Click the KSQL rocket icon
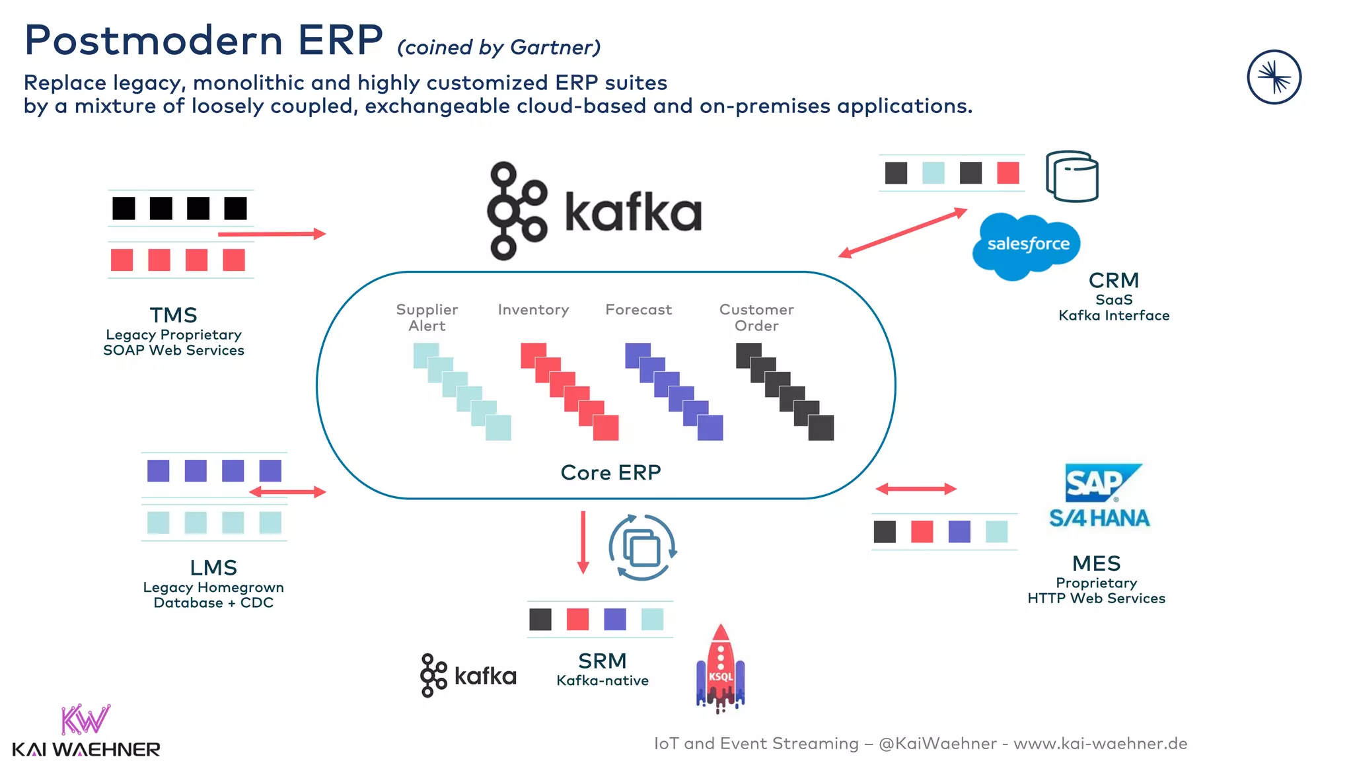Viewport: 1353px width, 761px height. (720, 669)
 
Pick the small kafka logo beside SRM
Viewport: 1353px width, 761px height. (468, 675)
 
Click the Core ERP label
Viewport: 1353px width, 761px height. (610, 472)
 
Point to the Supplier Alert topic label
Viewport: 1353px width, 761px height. (427, 318)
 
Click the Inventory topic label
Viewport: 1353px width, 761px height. (533, 310)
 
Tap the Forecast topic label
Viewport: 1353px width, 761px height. (638, 310)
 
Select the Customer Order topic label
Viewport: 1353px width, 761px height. (756, 318)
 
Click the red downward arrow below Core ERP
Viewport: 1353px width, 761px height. (583, 542)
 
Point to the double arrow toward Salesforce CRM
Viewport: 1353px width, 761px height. (902, 233)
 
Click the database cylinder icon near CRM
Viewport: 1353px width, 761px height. (1072, 176)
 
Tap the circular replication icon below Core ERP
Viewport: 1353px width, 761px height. (642, 548)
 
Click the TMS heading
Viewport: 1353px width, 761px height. (173, 315)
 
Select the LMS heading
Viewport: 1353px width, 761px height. (213, 567)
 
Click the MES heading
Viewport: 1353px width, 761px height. (1096, 563)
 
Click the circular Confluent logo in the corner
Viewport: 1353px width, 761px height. (1274, 77)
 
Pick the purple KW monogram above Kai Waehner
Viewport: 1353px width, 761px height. (85, 720)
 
